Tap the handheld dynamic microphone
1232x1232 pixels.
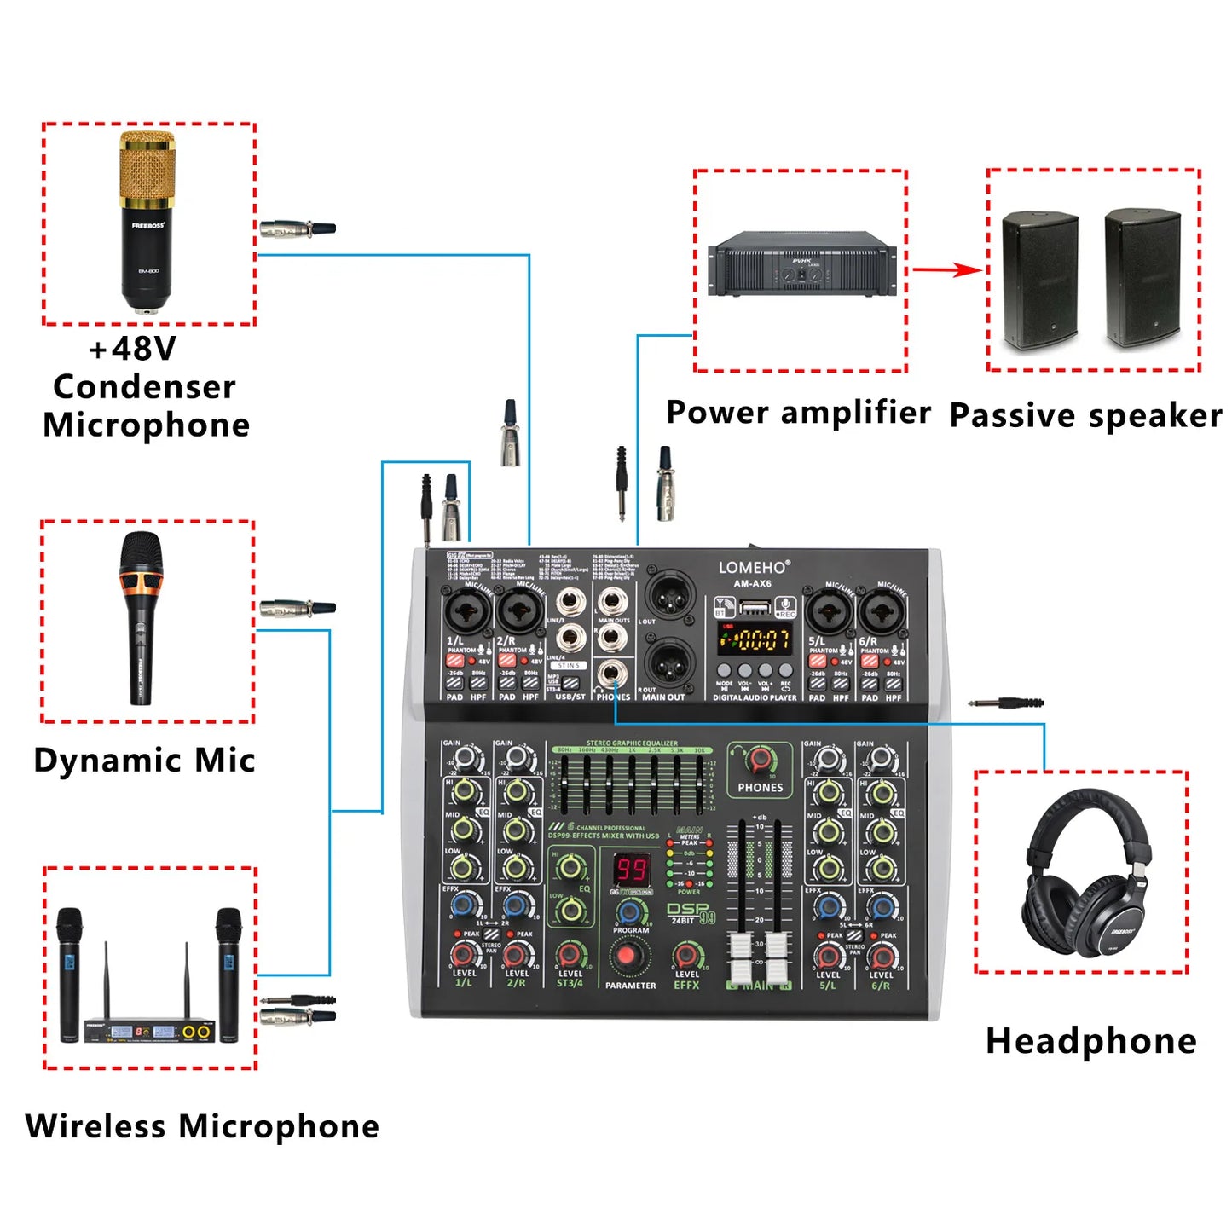click(x=142, y=617)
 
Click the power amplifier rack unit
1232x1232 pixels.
click(x=801, y=263)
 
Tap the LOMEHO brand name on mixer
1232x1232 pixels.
click(x=753, y=567)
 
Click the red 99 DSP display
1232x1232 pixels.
click(x=632, y=870)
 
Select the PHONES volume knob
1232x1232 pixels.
click(x=760, y=759)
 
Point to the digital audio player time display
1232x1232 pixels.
click(x=754, y=639)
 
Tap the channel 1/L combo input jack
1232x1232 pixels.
click(x=466, y=610)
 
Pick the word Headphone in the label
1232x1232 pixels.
click(x=1090, y=1041)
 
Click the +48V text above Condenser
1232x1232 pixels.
click(x=132, y=349)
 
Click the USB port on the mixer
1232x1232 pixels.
click(x=755, y=607)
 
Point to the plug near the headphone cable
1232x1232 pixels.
click(x=1006, y=703)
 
